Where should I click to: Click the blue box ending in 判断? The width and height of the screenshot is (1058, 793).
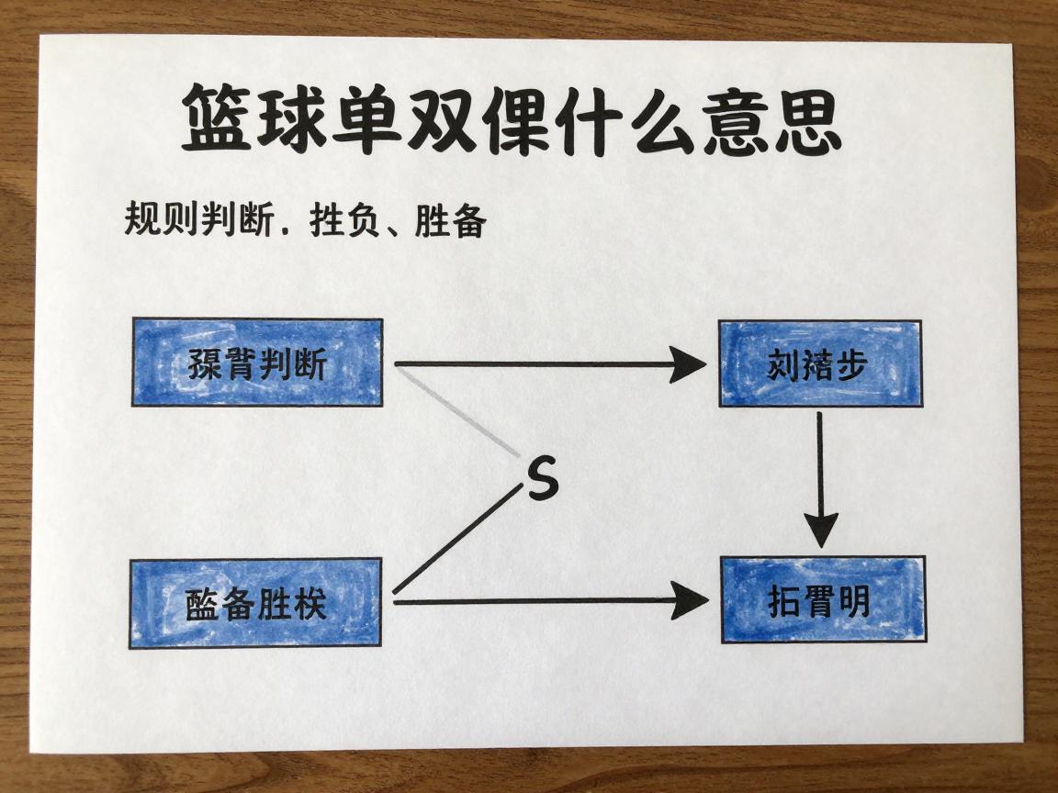click(257, 363)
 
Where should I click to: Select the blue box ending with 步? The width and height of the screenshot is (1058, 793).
click(819, 363)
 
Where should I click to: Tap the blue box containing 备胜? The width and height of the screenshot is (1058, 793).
click(256, 603)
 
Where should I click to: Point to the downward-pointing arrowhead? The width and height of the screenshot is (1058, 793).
click(821, 530)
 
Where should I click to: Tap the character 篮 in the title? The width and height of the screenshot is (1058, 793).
click(218, 118)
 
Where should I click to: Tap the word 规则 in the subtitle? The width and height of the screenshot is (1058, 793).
click(159, 222)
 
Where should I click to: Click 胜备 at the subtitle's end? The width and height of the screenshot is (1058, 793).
click(450, 222)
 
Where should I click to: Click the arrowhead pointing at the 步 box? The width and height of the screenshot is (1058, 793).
click(687, 364)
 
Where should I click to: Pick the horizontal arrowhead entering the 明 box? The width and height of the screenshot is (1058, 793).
click(691, 601)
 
